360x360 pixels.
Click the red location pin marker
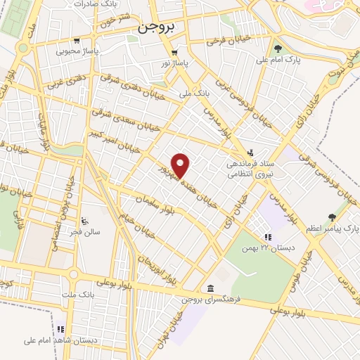tap(181, 165)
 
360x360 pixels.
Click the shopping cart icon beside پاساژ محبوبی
tap(94, 41)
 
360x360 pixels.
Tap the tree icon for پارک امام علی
tap(278, 49)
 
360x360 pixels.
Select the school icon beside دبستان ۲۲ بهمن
tap(267, 237)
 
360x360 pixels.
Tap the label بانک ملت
tap(78, 292)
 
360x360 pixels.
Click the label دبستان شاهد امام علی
tap(40, 341)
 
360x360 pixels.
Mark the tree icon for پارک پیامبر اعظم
tap(333, 217)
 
